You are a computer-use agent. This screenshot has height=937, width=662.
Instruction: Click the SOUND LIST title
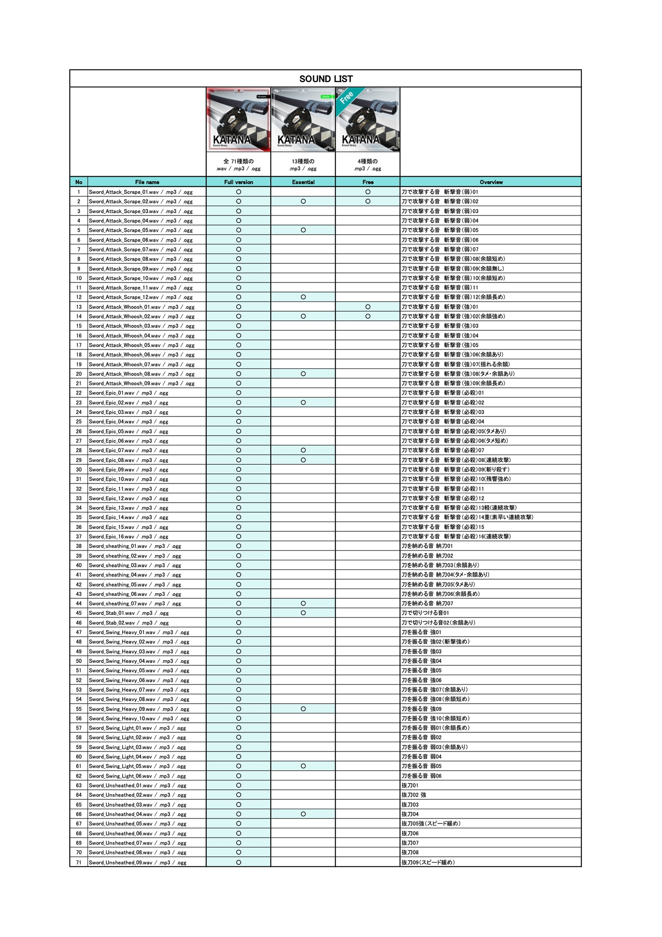click(326, 79)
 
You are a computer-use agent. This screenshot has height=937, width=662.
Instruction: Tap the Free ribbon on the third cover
click(347, 97)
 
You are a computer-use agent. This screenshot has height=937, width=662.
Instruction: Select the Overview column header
click(491, 182)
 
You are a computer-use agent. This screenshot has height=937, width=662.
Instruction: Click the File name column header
click(147, 182)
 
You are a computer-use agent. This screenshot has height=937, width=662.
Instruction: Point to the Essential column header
click(303, 182)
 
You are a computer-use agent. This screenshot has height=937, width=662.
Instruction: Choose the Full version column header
click(238, 182)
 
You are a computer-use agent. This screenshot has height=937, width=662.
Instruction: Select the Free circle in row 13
click(368, 307)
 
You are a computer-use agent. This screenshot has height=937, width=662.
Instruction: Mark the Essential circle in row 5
click(303, 230)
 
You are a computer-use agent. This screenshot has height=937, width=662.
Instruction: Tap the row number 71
click(79, 863)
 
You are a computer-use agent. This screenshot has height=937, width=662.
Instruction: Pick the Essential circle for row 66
click(303, 814)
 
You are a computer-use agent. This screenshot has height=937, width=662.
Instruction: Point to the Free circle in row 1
click(368, 192)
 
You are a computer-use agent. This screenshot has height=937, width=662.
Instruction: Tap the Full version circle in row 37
click(238, 536)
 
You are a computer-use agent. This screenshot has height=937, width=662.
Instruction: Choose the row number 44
click(79, 603)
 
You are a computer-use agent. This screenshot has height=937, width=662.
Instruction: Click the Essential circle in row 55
click(303, 709)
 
